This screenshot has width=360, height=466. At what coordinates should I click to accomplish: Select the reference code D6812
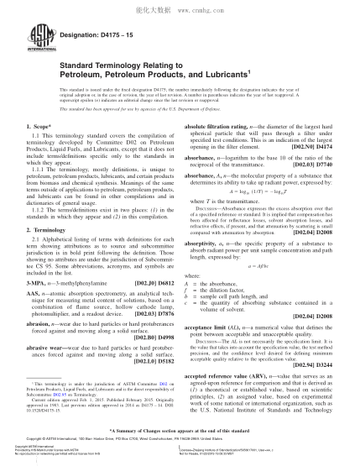(165, 270)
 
